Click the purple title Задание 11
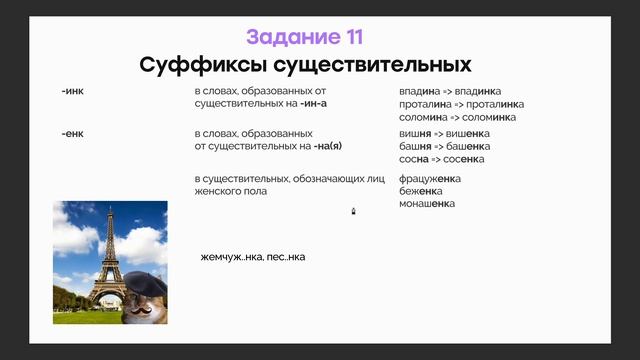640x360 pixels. [305, 38]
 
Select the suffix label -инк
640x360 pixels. [72, 91]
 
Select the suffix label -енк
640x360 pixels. [72, 134]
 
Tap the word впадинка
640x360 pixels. [484, 91]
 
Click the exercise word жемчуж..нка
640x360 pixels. [228, 257]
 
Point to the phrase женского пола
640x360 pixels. [231, 191]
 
